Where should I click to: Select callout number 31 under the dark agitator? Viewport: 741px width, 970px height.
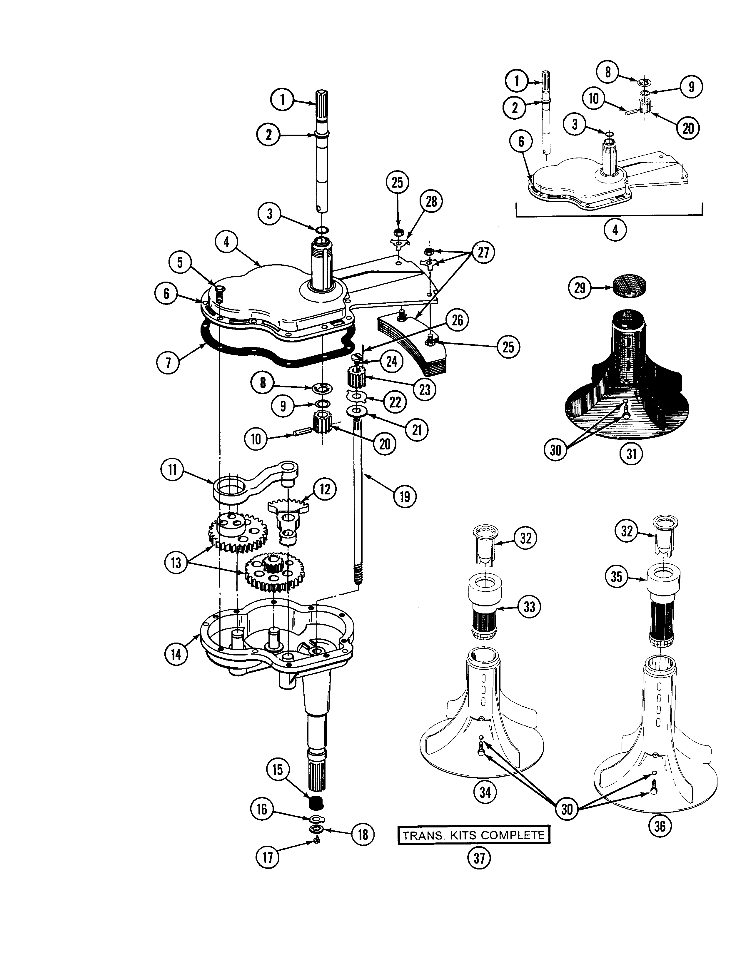click(632, 453)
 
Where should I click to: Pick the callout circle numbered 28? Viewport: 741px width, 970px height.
click(431, 202)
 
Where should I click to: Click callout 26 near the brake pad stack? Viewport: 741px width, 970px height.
click(458, 320)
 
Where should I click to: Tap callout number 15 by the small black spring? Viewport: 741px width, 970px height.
click(278, 770)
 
